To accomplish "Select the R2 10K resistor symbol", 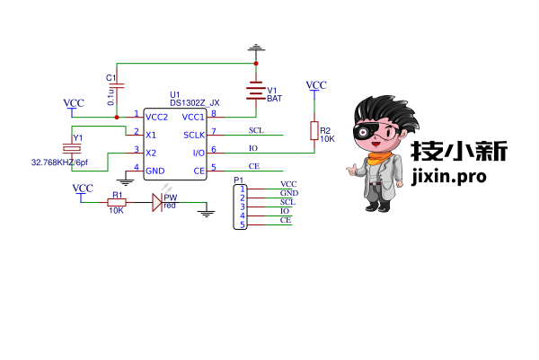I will click(x=314, y=131).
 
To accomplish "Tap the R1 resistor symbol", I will click(x=116, y=202).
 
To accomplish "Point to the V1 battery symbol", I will click(x=256, y=91).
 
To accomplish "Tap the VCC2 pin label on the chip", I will click(x=157, y=117).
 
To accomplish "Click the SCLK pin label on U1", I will click(x=193, y=135).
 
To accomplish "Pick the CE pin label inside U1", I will click(x=199, y=171).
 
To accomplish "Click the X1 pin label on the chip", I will click(x=151, y=135).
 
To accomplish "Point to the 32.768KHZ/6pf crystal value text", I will click(x=59, y=163).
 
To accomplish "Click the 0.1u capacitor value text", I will click(x=110, y=94).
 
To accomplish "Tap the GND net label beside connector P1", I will click(x=288, y=193).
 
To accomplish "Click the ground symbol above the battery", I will click(x=256, y=47).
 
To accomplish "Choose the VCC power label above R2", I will click(x=316, y=85).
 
